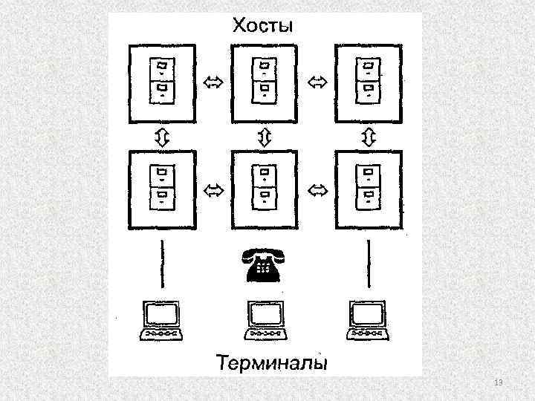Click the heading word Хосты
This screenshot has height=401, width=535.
point(264,27)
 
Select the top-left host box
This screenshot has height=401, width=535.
point(162,82)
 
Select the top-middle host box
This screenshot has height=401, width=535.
point(265,82)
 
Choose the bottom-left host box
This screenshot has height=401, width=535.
point(162,189)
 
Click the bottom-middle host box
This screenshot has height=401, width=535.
point(265,189)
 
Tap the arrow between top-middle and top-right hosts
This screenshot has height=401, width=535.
point(317,82)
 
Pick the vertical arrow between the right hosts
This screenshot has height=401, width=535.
point(368,137)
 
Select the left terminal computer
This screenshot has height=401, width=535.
point(162,320)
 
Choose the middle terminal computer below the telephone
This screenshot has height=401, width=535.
point(266,320)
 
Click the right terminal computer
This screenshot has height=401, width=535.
point(367,320)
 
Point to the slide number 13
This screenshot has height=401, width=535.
point(499,382)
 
